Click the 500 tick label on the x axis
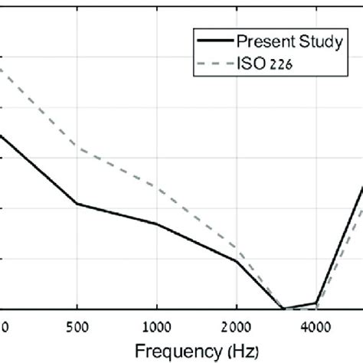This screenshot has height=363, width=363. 77,324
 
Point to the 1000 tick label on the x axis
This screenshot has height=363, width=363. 156,324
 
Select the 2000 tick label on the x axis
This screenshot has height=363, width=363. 236,324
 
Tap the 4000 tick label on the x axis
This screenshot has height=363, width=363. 316,324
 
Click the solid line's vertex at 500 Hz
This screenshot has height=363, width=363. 77,204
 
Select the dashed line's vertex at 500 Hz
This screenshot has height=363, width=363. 77,148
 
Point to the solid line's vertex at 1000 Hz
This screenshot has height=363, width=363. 156,224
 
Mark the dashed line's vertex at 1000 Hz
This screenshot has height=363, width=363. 156,186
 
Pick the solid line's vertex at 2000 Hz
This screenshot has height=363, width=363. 236,261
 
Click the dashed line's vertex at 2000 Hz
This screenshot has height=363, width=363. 236,250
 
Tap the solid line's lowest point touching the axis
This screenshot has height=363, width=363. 283,309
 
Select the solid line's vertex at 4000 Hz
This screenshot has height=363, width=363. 316,303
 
